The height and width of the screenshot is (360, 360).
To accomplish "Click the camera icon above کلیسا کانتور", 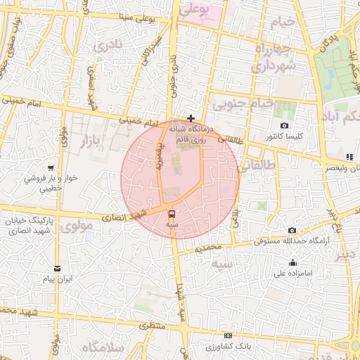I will click(x=284, y=125).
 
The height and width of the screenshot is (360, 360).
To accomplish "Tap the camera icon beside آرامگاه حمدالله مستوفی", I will click(x=292, y=231).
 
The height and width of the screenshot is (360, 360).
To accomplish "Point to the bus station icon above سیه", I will click(x=172, y=213).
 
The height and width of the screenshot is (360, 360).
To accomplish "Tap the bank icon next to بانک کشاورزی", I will click(x=226, y=336).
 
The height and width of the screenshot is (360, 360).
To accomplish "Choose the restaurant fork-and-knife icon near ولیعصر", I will click(x=349, y=157).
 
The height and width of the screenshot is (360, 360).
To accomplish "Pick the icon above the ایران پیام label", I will click(x=57, y=268).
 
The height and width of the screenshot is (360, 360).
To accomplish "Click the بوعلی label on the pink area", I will click(x=195, y=10).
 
